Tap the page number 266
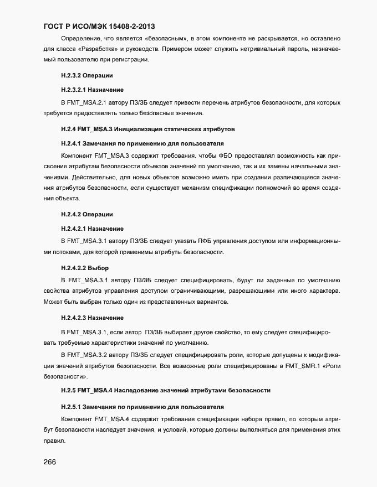[50, 463]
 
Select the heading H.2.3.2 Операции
[87, 75]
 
